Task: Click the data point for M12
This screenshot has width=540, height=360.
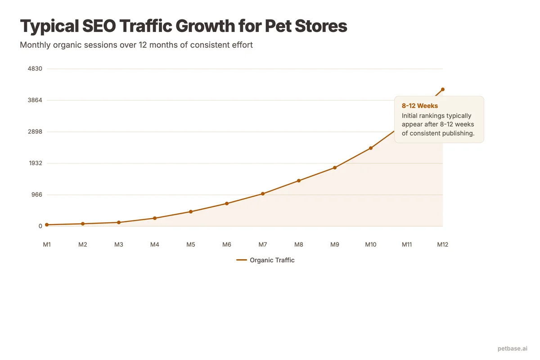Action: (443, 89)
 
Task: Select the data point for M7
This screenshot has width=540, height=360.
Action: (263, 194)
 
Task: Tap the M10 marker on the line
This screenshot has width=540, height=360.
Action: (371, 148)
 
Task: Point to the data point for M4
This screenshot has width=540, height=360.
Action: (155, 218)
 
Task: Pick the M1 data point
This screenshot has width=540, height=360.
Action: (47, 225)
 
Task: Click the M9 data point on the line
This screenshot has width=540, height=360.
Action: (335, 168)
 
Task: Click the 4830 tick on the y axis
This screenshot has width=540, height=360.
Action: (35, 69)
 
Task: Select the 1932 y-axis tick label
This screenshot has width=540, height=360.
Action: (35, 163)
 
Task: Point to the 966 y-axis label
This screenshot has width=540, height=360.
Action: (36, 195)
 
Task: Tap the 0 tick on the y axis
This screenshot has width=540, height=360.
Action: (40, 226)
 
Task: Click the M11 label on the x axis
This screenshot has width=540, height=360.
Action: (407, 245)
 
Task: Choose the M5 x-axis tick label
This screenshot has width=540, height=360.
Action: (191, 245)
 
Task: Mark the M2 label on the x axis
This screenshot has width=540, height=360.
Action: (83, 245)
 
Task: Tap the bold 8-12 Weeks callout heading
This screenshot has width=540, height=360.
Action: (420, 106)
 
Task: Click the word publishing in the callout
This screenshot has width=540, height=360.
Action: (459, 134)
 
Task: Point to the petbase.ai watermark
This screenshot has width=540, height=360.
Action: (513, 348)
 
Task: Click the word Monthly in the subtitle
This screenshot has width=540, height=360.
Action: (34, 45)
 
